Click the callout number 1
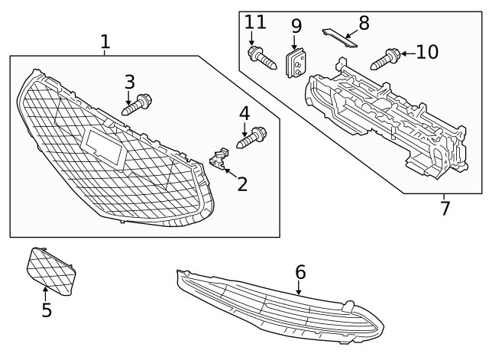pyautogui.click(x=105, y=42)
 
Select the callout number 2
pyautogui.click(x=242, y=183)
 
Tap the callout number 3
pyautogui.click(x=130, y=81)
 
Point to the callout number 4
pyautogui.click(x=244, y=114)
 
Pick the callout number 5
pyautogui.click(x=47, y=310)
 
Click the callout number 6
pyautogui.click(x=300, y=271)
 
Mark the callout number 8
pyautogui.click(x=364, y=22)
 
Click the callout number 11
pyautogui.click(x=255, y=22)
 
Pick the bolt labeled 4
pyautogui.click(x=251, y=138)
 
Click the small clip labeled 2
pyautogui.click(x=218, y=159)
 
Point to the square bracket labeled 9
pyautogui.click(x=296, y=63)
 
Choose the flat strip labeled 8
pyautogui.click(x=338, y=37)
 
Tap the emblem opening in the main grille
pyautogui.click(x=105, y=147)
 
